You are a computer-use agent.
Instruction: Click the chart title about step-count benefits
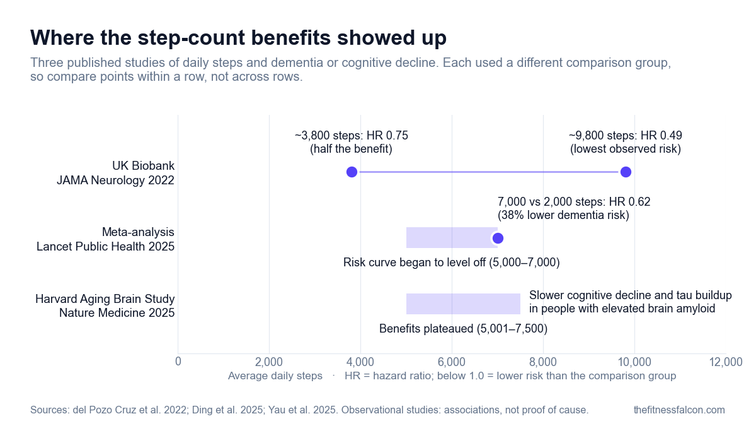click(x=238, y=37)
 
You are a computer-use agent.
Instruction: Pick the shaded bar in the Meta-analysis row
click(x=452, y=238)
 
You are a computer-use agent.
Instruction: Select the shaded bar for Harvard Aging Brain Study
click(x=463, y=304)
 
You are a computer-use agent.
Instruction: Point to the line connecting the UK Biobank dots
click(x=489, y=172)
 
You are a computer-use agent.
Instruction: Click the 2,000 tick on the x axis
click(x=269, y=362)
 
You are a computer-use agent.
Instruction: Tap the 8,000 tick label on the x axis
click(x=543, y=362)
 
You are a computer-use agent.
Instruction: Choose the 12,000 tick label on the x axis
click(x=726, y=362)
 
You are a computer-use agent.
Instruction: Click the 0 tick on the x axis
click(x=178, y=362)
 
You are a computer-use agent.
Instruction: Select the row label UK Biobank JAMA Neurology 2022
click(x=115, y=173)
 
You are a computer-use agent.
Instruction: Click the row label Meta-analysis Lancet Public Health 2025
click(x=105, y=239)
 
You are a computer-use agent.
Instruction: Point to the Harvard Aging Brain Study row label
click(x=105, y=305)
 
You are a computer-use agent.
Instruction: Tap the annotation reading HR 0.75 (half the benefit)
click(x=352, y=142)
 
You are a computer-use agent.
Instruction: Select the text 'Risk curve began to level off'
click(x=415, y=262)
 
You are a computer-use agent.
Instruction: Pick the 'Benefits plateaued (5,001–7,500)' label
click(x=464, y=328)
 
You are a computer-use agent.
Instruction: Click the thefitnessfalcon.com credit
click(x=679, y=410)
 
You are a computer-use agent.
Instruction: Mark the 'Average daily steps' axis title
click(x=275, y=376)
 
